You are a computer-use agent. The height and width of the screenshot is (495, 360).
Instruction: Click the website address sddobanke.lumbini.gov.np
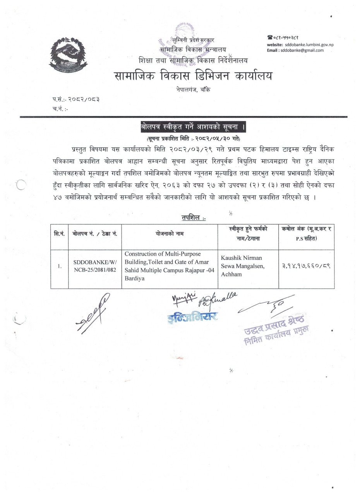(309, 44)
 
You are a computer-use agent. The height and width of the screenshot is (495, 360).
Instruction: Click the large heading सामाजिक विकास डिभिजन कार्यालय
(193, 76)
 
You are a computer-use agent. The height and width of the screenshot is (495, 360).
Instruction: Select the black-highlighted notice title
(193, 127)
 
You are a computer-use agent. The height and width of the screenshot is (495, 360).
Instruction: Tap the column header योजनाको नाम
(170, 234)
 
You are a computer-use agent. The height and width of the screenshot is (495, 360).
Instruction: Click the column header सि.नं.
(59, 234)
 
